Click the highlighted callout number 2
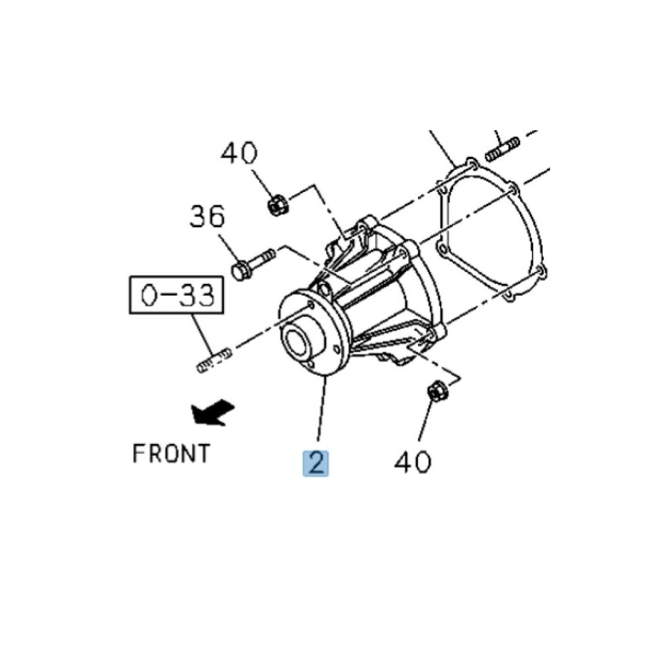click(x=316, y=463)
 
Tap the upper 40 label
click(x=239, y=153)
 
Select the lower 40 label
click(x=413, y=462)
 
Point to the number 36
click(x=207, y=216)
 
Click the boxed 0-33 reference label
click(x=177, y=295)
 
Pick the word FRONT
click(x=171, y=453)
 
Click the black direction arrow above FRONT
click(x=212, y=412)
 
